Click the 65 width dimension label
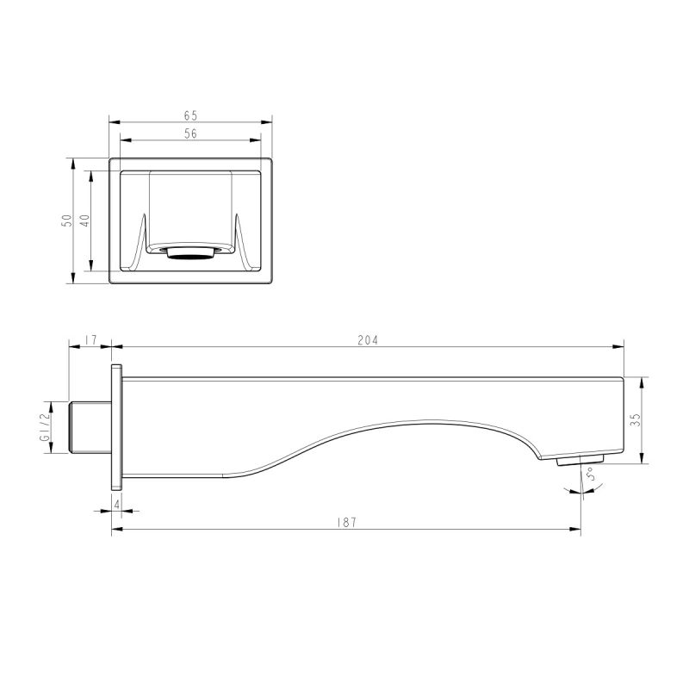(x=190, y=114)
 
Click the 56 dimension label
(x=190, y=133)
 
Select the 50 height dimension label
(x=66, y=220)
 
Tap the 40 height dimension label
(x=84, y=220)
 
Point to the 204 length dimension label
(x=368, y=339)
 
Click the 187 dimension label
(x=347, y=522)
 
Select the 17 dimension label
(x=90, y=339)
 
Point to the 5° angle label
(x=592, y=476)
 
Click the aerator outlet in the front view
(x=190, y=252)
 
